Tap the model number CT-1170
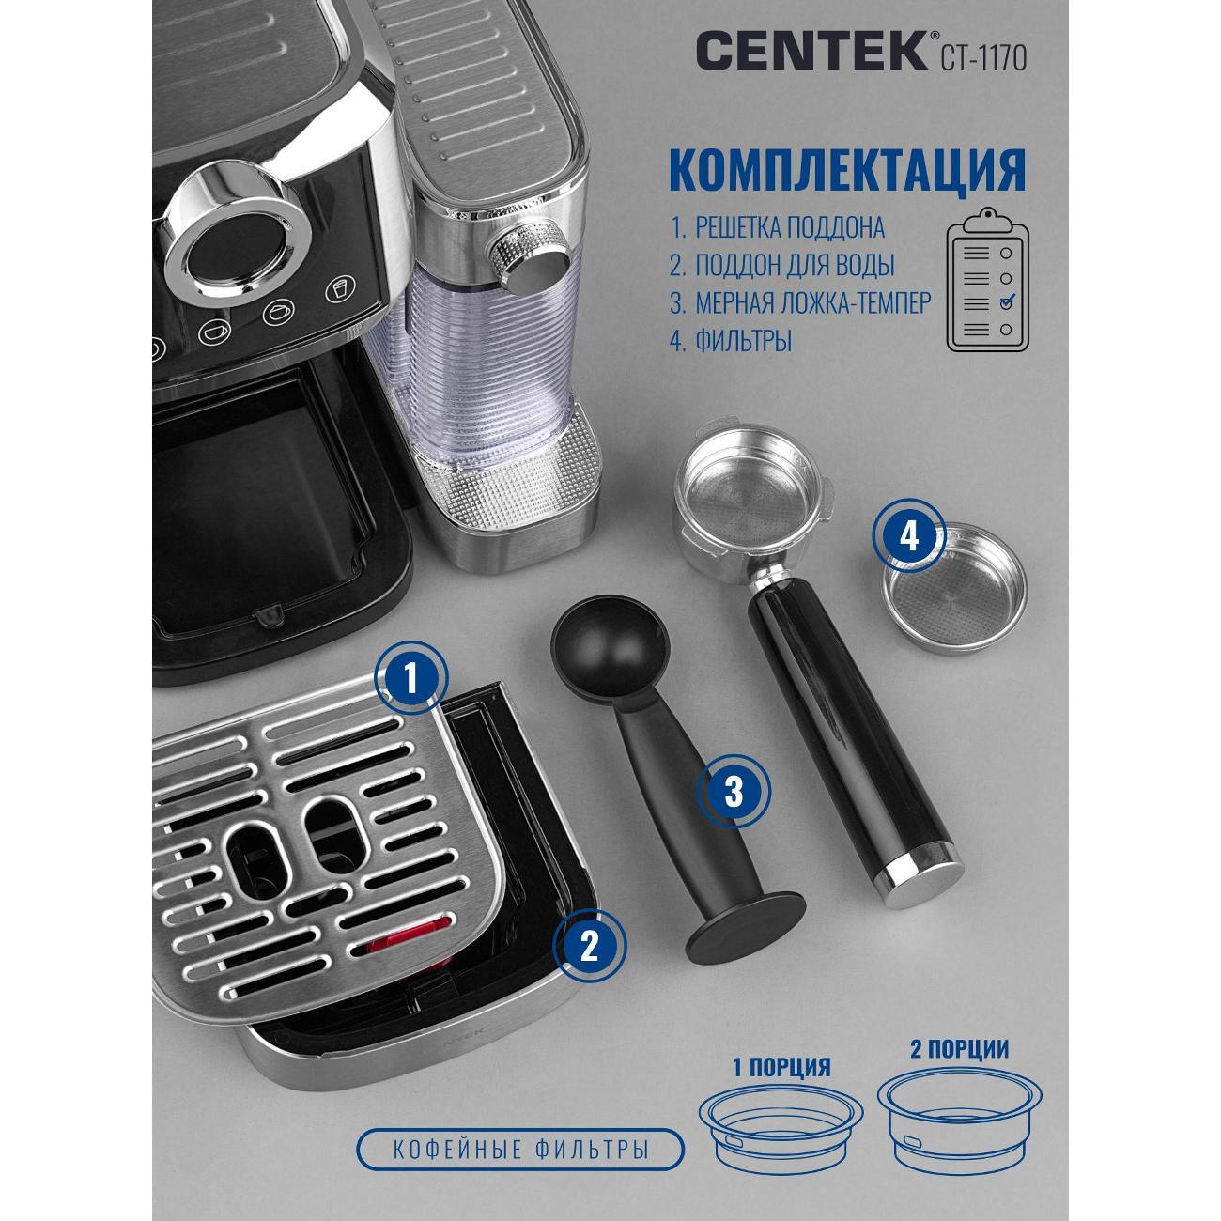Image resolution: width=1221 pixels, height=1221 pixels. coord(983,57)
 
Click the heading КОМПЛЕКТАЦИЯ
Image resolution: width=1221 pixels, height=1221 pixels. coord(848,168)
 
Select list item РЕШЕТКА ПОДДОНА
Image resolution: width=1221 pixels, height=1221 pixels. coord(790,228)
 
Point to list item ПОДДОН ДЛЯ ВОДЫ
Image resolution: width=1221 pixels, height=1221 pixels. coord(795,266)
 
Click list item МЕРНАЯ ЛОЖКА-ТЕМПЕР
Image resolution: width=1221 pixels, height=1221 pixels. coord(813,303)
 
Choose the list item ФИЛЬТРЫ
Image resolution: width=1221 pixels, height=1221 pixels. coord(743,342)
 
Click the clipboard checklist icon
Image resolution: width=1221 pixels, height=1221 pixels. coord(988,280)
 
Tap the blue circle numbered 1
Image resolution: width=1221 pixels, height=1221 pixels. coord(412,679)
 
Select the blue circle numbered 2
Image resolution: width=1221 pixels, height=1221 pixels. coord(589,948)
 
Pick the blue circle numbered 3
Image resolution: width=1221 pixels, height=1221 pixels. coord(734,791)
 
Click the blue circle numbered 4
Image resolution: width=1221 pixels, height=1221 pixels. coord(909,536)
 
